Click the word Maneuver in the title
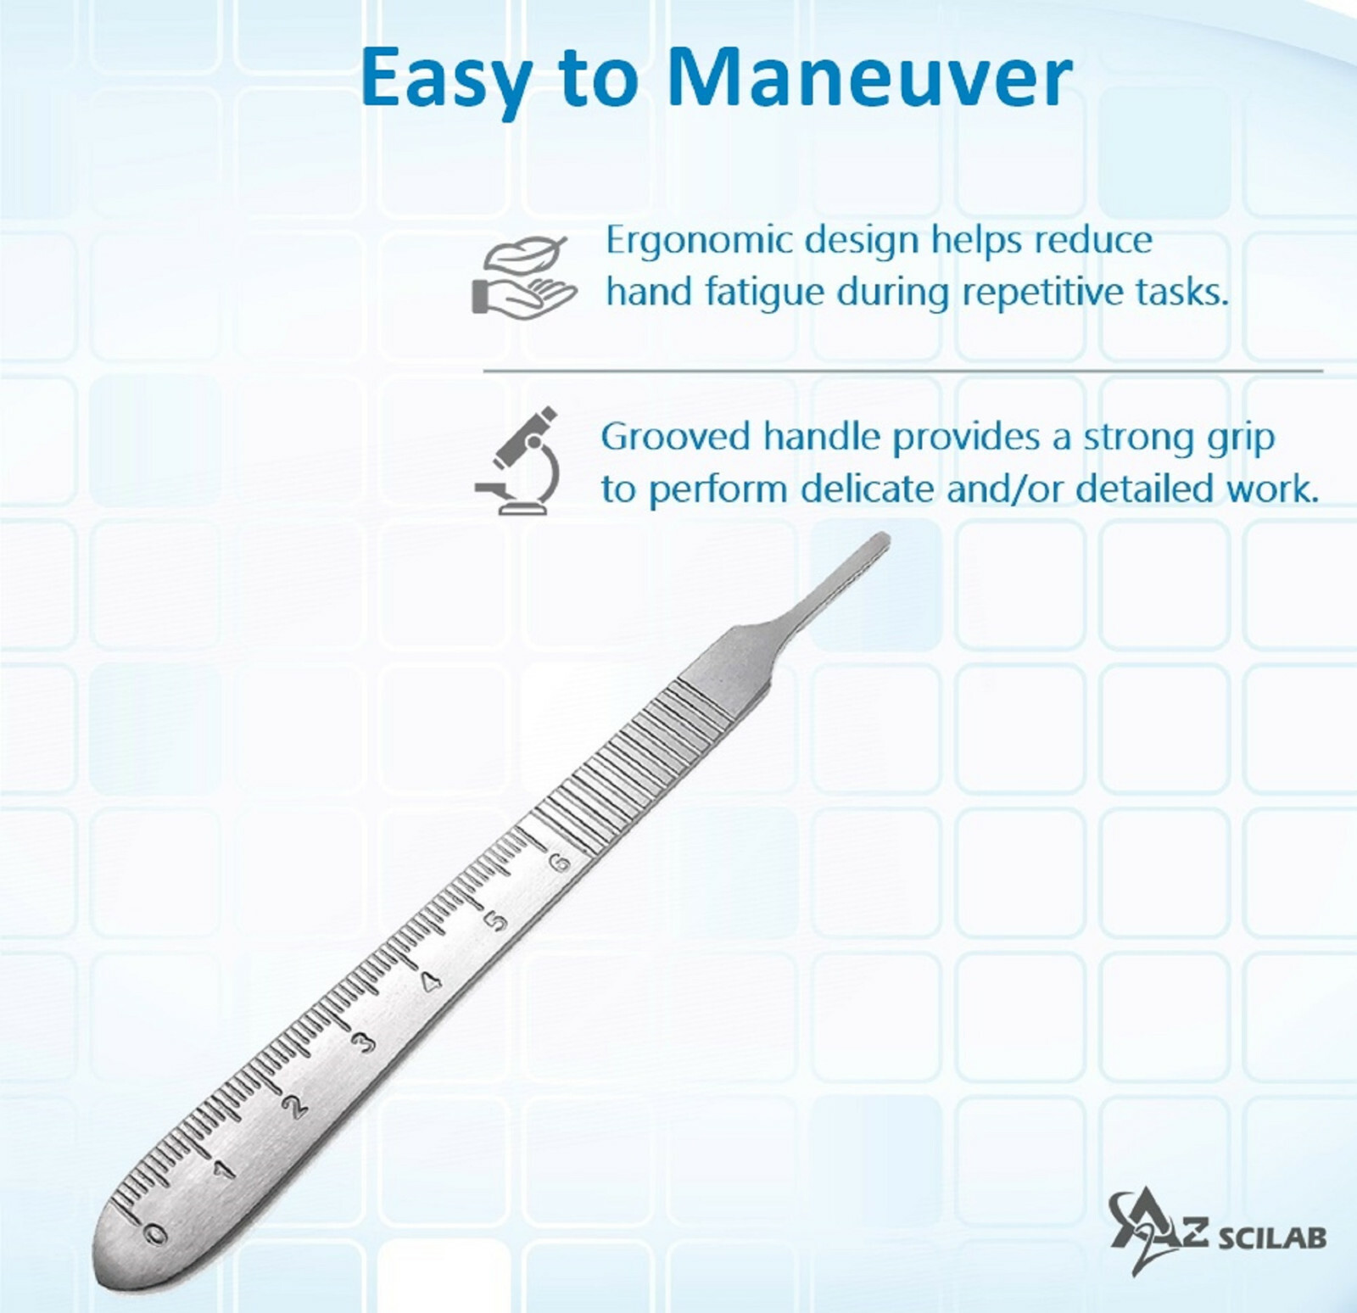pyautogui.click(x=869, y=78)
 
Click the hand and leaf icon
pyautogui.click(x=523, y=277)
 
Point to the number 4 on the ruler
pyautogui.click(x=432, y=981)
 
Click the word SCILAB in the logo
pyautogui.click(x=1271, y=1238)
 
